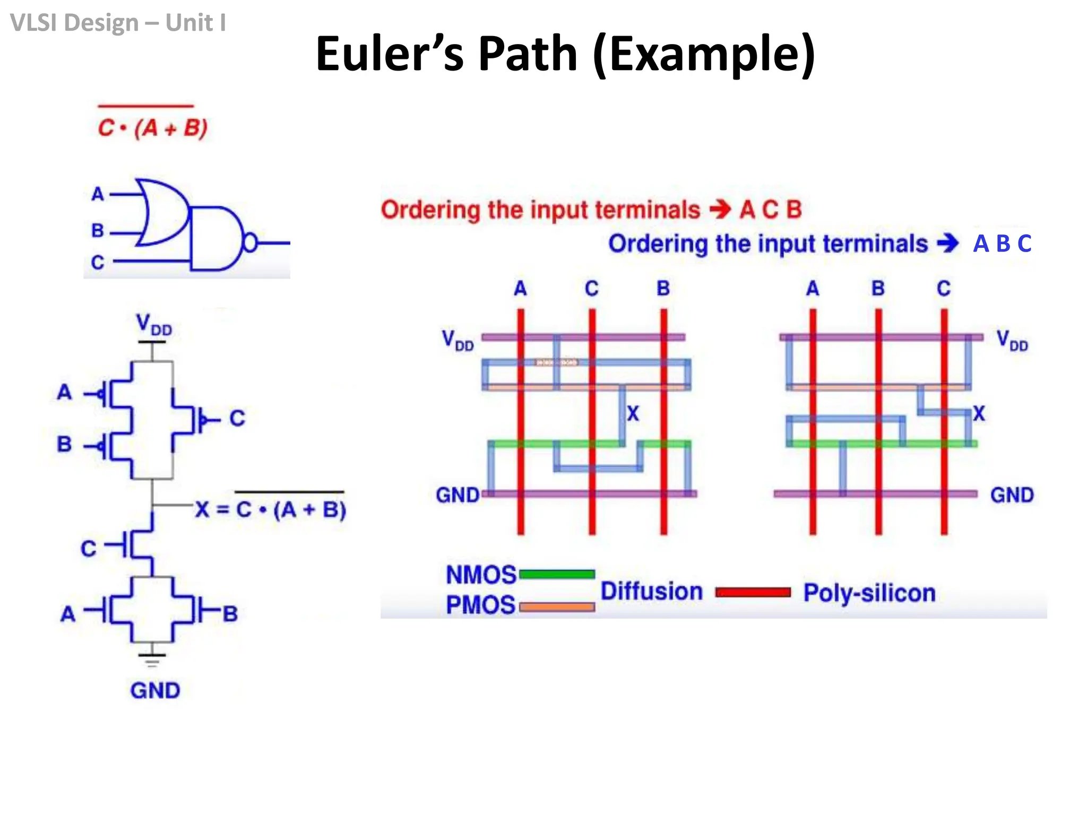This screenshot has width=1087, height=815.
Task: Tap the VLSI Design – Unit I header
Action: point(118,23)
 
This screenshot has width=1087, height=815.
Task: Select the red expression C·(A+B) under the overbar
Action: point(152,128)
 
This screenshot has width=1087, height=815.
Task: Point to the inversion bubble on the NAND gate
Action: point(249,242)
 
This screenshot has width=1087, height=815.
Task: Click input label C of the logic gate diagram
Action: point(98,262)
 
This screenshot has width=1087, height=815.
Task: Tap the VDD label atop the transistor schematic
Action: point(153,324)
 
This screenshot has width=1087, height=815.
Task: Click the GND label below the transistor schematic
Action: point(155,690)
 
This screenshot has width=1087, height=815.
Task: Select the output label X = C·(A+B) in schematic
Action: point(270,509)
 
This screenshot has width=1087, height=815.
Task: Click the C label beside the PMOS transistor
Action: point(237,418)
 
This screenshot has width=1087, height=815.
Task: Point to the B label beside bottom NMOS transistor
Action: point(230,614)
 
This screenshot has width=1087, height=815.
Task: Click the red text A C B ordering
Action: point(771,210)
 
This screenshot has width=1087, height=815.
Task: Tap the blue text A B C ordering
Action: point(1002,244)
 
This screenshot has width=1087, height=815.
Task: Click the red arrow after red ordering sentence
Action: point(720,209)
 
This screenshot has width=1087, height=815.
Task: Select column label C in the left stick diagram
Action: point(592,289)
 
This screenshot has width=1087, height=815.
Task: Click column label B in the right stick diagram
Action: point(878,289)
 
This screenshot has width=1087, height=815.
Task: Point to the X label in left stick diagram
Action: point(633,413)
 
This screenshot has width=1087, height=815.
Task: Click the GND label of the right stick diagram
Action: point(1012,495)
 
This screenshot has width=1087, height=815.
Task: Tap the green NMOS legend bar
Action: point(557,574)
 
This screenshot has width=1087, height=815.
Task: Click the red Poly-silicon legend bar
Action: point(753,592)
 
